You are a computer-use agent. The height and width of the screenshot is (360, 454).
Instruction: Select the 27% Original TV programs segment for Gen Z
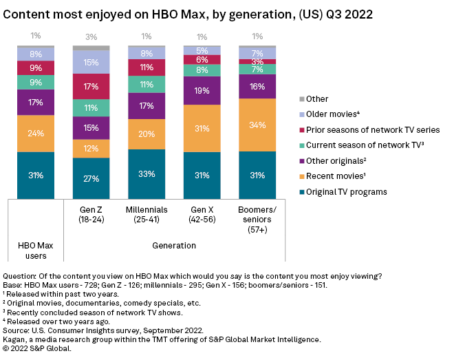pyautogui.click(x=91, y=178)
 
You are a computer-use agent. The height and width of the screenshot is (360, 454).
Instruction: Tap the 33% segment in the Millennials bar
pyautogui.click(x=146, y=173)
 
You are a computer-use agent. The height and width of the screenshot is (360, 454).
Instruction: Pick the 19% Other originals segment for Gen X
pyautogui.click(x=202, y=90)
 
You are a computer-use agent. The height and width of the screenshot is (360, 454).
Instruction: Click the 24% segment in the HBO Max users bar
pyautogui.click(x=36, y=134)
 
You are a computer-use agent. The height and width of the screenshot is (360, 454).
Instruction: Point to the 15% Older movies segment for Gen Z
pyautogui.click(x=91, y=62)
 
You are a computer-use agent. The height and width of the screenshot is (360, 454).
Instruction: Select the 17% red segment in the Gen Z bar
pyautogui.click(x=91, y=87)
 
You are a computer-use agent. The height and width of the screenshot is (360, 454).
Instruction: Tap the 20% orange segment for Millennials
pyautogui.click(x=146, y=134)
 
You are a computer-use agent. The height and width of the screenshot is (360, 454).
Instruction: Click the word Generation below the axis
pyautogui.click(x=173, y=244)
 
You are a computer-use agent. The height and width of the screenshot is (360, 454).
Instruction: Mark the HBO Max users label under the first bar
pyautogui.click(x=36, y=250)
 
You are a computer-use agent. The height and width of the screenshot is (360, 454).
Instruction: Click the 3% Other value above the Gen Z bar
pyautogui.click(x=91, y=36)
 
